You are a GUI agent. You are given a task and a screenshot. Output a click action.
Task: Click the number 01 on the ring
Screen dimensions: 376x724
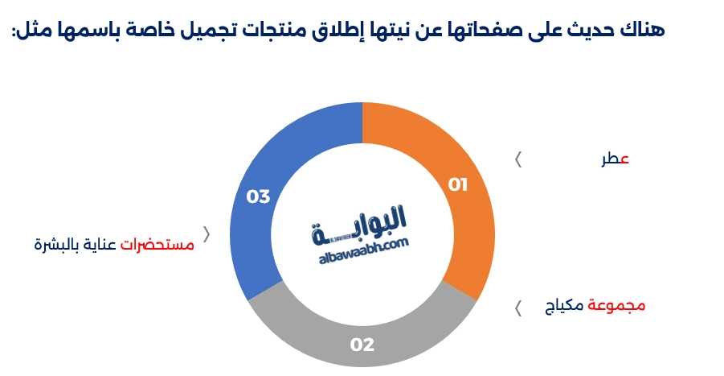(457, 185)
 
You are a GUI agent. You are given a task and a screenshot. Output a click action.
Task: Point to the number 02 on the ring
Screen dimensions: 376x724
(362, 345)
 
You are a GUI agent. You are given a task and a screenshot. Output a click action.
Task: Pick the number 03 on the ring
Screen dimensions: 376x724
(258, 196)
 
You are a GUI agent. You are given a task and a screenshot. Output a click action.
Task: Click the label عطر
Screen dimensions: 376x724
(615, 159)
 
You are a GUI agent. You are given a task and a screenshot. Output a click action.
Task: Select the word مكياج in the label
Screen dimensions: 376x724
(566, 307)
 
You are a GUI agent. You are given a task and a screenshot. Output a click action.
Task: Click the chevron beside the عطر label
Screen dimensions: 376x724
(518, 159)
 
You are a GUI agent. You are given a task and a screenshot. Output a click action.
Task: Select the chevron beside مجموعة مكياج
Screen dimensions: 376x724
(518, 307)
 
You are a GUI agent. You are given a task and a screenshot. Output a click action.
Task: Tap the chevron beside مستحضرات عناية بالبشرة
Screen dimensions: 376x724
(207, 234)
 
